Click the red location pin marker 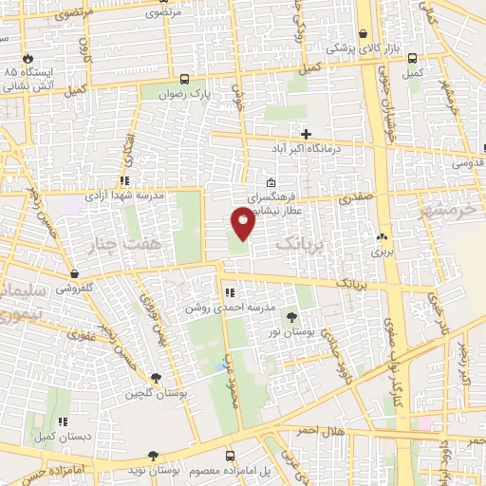coord(243,222)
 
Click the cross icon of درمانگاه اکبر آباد coord(306,134)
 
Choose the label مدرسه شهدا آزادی coord(126,195)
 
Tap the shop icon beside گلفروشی coord(73,274)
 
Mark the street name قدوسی coord(469,162)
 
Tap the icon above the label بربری coord(382,236)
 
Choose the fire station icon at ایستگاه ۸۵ coord(28,57)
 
